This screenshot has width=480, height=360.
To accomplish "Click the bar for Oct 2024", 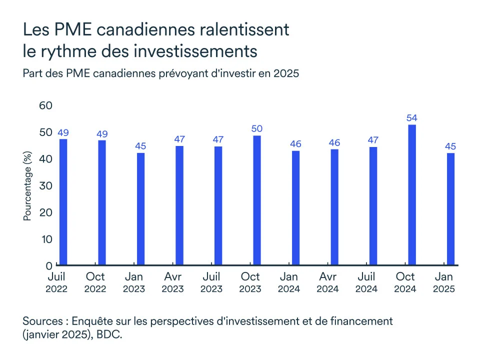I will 412,195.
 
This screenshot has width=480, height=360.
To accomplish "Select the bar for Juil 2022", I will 63,202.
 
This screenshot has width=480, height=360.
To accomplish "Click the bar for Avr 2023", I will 179,205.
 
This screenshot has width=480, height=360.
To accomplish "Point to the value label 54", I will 412,118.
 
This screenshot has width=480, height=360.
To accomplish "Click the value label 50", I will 257,129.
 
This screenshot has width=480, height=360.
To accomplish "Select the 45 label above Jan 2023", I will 140,146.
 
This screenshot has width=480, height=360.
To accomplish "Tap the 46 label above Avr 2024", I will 334,143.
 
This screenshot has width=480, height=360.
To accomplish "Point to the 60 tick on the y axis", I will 45,106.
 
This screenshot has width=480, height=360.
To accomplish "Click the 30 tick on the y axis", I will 45,185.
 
